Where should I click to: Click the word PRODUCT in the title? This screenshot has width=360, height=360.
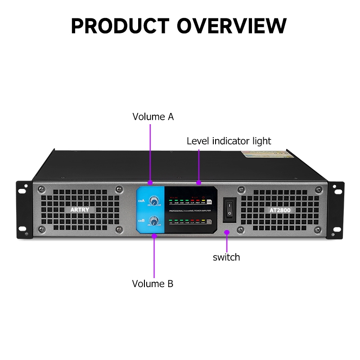coord(120,26)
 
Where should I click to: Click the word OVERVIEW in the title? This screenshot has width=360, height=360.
coord(231,26)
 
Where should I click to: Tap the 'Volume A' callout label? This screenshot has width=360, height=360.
coord(153,117)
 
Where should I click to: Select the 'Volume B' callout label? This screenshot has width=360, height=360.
coord(153,284)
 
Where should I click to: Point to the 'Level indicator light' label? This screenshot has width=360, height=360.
coord(229,141)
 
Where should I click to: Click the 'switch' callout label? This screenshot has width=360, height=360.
coord(226,257)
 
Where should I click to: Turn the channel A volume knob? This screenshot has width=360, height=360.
coord(154,200)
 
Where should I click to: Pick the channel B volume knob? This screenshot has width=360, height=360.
coord(154,221)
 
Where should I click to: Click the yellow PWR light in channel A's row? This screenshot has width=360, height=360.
coord(203,201)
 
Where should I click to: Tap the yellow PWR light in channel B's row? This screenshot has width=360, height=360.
coord(203,220)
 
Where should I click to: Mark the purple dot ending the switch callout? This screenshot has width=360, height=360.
coord(227,232)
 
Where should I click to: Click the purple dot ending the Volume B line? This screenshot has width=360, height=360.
coord(154,234)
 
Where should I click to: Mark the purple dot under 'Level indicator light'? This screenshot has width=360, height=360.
coord(198,183)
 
